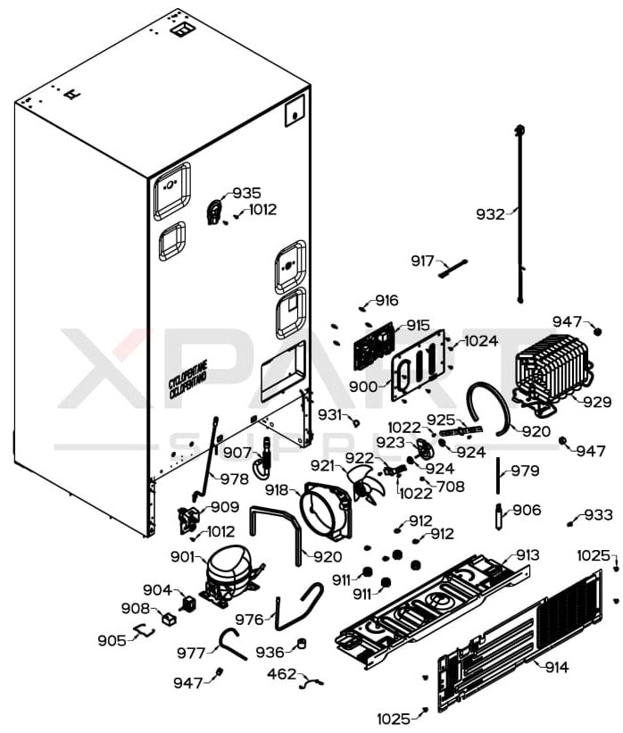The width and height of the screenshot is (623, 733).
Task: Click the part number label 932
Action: click(x=489, y=214)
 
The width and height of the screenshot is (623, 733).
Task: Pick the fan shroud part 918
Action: click(x=325, y=510)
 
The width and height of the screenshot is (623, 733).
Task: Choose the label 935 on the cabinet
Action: click(x=246, y=193)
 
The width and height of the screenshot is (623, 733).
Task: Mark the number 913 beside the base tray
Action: click(x=527, y=554)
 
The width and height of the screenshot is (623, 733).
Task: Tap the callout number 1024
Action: click(x=481, y=340)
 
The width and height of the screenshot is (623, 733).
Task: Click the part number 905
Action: click(x=112, y=640)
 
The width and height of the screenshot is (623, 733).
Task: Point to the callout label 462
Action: click(x=281, y=673)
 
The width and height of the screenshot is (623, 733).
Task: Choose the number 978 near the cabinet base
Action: click(x=235, y=479)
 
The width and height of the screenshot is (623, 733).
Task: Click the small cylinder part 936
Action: click(x=302, y=644)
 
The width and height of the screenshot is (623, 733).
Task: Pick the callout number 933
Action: click(x=598, y=515)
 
